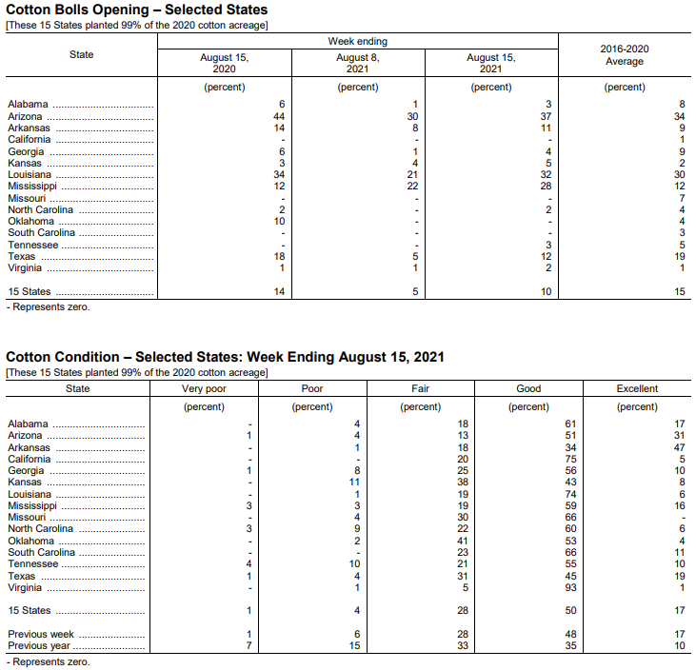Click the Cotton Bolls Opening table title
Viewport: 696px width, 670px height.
[137, 10]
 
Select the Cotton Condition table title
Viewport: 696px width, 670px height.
[226, 357]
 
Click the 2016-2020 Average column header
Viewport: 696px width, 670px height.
[625, 55]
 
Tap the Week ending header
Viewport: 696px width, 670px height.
[358, 42]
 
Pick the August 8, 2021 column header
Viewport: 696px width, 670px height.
[358, 63]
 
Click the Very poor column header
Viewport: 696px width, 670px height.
[204, 388]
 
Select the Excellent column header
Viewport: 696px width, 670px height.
[637, 388]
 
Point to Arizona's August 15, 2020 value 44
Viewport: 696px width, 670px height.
[280, 116]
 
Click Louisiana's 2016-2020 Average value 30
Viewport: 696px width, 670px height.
[679, 174]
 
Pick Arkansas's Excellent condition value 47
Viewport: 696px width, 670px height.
[679, 447]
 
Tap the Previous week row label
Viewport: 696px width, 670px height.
[40, 634]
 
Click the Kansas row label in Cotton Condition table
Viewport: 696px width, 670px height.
[26, 483]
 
